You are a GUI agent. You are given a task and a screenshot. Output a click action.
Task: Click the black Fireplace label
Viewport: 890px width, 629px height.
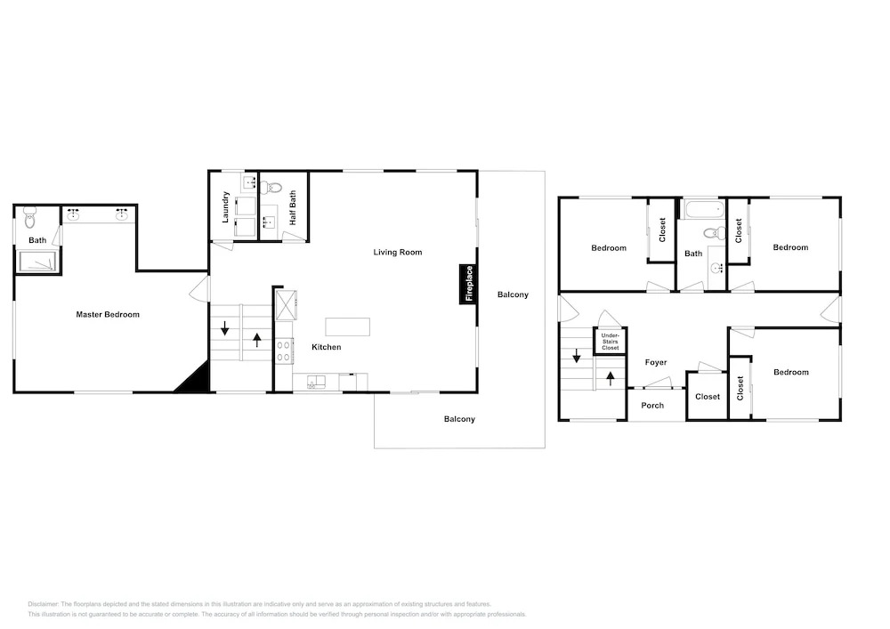(469, 284)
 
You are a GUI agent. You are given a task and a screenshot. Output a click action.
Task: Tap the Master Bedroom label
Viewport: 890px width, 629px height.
(108, 314)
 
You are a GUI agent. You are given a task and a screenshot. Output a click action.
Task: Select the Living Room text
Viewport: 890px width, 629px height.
(397, 253)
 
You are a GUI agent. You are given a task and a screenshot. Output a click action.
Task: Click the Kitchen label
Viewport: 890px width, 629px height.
(327, 347)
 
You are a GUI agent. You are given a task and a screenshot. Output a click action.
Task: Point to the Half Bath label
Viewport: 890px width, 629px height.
(293, 207)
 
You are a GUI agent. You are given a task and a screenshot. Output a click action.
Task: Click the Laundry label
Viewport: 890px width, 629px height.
(225, 207)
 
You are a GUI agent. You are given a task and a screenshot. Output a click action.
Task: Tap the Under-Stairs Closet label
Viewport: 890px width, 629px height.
(611, 342)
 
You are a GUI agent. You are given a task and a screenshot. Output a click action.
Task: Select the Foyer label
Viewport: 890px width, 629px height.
(656, 362)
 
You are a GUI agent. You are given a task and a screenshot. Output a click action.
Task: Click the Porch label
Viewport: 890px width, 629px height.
(652, 406)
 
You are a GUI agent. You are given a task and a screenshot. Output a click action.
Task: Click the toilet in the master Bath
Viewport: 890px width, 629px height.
(29, 217)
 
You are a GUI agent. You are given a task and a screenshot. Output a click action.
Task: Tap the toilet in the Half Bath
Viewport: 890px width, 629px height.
(273, 186)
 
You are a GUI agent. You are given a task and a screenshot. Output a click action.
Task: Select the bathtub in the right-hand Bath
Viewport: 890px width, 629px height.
(704, 209)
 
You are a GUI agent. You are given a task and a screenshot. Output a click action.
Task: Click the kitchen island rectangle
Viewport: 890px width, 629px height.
(347, 327)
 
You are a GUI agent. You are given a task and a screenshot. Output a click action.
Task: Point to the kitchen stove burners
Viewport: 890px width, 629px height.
(285, 350)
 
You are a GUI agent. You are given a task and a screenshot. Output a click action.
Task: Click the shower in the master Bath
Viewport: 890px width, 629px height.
(37, 262)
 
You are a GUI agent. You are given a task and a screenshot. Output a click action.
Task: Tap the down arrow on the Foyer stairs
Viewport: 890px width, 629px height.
(576, 356)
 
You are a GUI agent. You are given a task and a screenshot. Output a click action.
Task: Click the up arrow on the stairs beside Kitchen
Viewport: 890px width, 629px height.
(257, 340)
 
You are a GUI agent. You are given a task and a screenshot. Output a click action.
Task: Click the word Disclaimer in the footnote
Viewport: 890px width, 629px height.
(43, 604)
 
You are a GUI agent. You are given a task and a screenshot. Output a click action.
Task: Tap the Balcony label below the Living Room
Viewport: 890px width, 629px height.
(459, 419)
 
